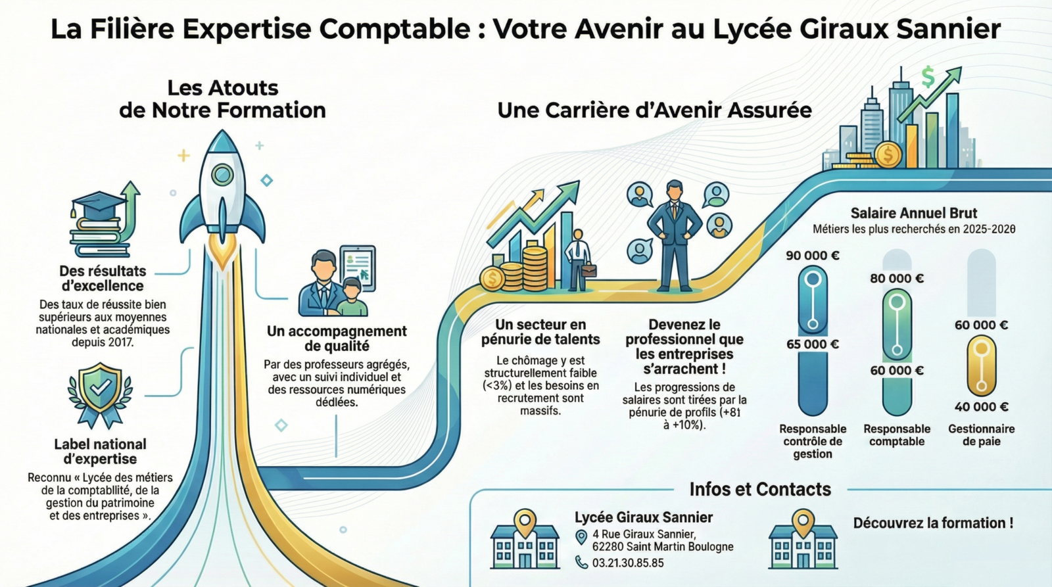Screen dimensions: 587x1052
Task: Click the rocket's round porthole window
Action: [x=222, y=174]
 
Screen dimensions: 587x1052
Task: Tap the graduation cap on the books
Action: [x=99, y=204]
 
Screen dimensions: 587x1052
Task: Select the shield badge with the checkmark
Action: [x=100, y=387]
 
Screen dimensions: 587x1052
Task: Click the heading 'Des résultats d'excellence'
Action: [x=103, y=278]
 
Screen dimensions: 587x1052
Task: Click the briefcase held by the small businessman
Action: [x=589, y=269]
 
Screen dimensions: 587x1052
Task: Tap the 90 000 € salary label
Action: [x=813, y=256]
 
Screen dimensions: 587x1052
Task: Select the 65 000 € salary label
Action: [x=813, y=344]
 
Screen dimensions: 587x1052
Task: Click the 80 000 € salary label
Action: [x=897, y=279]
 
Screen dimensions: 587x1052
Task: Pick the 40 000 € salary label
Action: [x=981, y=407]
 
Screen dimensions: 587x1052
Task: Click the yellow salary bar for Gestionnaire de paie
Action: [x=981, y=365]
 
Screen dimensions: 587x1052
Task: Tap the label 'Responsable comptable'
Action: [x=897, y=435]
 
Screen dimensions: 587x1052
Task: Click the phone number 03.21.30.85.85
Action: [x=628, y=563]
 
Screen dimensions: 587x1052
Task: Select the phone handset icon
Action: [x=581, y=562]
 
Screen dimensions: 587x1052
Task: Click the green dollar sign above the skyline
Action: [x=928, y=78]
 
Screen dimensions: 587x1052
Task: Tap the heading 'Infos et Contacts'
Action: [x=760, y=490]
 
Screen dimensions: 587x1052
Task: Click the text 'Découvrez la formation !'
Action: [x=933, y=523]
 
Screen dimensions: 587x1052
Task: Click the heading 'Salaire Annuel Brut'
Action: [x=914, y=213]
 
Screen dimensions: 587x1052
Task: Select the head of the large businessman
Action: [x=675, y=191]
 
